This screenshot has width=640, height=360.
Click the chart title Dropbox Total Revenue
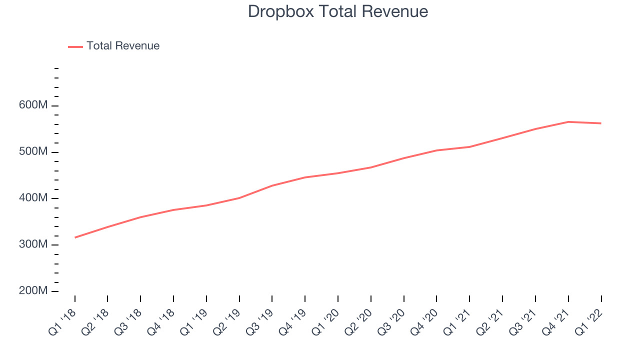point(337,11)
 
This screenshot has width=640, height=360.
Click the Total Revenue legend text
point(123,45)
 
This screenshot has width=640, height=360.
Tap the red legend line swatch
point(75,47)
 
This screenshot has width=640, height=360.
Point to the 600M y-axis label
point(33,105)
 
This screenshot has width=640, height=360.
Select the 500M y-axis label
point(33,151)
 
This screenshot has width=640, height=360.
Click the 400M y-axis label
point(33,197)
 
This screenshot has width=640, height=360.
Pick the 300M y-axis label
point(33,244)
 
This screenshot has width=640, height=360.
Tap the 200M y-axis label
point(33,290)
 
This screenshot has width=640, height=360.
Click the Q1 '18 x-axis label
point(62,322)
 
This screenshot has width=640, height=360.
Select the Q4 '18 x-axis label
point(161,322)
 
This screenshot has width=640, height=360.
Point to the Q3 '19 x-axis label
point(259,322)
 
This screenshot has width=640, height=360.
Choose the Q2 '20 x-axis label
point(358,322)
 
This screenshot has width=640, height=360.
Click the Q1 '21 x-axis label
point(457,322)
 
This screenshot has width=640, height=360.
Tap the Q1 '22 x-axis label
point(589,322)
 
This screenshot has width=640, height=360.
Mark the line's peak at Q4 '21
point(568,122)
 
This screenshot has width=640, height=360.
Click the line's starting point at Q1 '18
point(75,237)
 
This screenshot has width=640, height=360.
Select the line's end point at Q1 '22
point(601,123)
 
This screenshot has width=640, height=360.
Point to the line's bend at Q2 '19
point(239,198)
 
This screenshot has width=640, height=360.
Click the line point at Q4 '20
point(436,150)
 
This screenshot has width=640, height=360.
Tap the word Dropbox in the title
point(281,11)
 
